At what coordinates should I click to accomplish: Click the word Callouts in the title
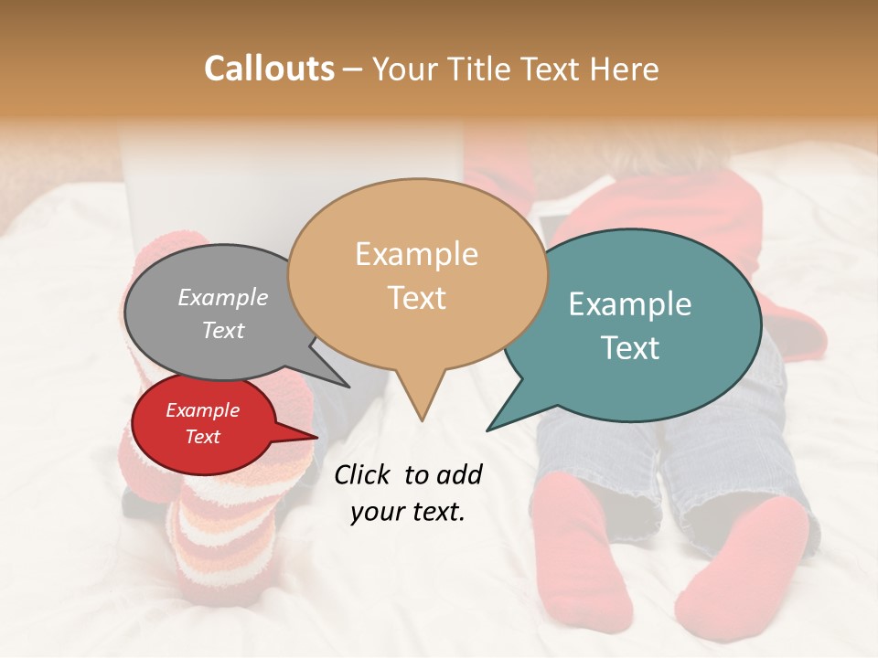pyautogui.click(x=269, y=69)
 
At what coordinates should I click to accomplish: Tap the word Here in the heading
pyautogui.click(x=626, y=69)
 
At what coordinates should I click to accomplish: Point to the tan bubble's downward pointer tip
pyautogui.click(x=422, y=419)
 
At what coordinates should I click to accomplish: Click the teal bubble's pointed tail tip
pyautogui.click(x=487, y=430)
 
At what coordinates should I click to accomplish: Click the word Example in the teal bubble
pyautogui.click(x=630, y=304)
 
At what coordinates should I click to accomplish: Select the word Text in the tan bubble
pyautogui.click(x=417, y=298)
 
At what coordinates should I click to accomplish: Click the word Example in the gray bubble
pyautogui.click(x=223, y=298)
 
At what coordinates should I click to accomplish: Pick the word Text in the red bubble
pyautogui.click(x=203, y=437)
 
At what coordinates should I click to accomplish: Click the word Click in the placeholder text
pyautogui.click(x=362, y=474)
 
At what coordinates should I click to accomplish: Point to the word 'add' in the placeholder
pyautogui.click(x=458, y=474)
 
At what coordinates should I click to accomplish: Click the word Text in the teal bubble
pyautogui.click(x=630, y=348)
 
